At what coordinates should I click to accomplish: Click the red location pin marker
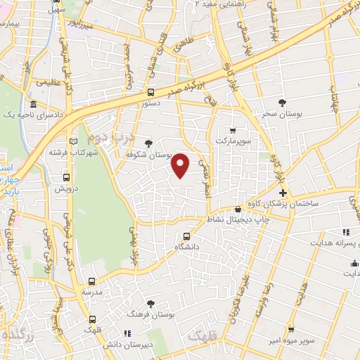click(181, 165)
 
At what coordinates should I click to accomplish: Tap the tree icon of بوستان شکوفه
click(147, 143)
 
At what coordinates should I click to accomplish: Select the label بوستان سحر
click(283, 113)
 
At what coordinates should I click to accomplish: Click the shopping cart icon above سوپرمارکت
click(233, 130)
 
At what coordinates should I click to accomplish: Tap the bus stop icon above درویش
click(66, 178)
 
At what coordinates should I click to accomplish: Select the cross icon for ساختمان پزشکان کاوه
click(283, 193)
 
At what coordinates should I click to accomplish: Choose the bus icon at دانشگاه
click(186, 237)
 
